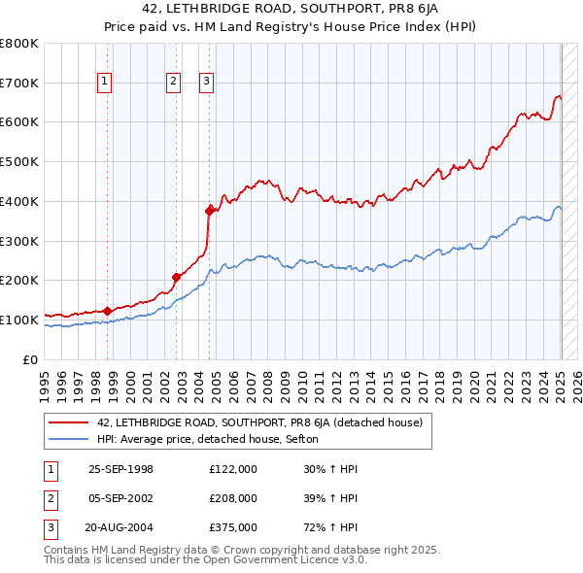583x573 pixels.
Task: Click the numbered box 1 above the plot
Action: click(104, 83)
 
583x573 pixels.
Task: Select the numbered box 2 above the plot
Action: click(173, 83)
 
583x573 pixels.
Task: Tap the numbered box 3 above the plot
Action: click(207, 83)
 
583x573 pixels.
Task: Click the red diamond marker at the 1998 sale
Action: click(107, 311)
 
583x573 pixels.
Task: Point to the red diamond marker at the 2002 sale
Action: click(176, 277)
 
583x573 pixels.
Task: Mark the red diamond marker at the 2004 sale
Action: click(209, 210)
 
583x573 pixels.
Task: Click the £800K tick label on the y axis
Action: click(19, 44)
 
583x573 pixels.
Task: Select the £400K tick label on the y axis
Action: click(19, 202)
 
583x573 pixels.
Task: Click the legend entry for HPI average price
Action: click(200, 439)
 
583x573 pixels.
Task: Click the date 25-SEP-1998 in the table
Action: click(120, 469)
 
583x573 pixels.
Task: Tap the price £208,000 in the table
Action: click(233, 498)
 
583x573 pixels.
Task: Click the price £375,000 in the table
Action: click(233, 527)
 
